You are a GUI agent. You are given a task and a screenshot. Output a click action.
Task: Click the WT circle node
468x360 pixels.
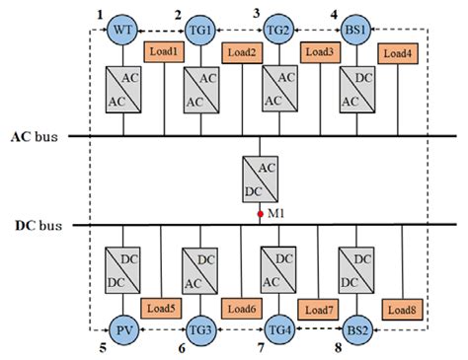(x=122, y=31)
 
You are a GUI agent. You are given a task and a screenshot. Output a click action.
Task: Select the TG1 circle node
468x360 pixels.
(x=201, y=31)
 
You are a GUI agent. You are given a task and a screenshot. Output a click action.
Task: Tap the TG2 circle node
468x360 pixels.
(x=278, y=31)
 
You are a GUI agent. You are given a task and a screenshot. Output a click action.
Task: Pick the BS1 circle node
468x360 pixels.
(x=356, y=31)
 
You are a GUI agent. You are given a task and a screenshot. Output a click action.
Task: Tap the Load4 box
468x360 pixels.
(x=397, y=53)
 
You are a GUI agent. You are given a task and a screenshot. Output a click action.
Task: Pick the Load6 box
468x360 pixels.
(x=241, y=310)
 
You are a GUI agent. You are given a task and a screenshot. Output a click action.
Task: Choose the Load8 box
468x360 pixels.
(x=401, y=311)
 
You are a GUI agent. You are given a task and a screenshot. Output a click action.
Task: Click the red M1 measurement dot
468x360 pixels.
(x=260, y=212)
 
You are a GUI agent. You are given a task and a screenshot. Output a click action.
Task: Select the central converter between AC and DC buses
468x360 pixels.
(x=260, y=179)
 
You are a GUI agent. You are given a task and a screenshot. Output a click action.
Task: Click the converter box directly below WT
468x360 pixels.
(x=122, y=88)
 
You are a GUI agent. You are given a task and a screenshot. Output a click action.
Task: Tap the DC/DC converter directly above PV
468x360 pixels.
(x=122, y=268)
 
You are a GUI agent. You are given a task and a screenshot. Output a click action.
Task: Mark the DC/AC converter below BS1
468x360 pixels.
(x=356, y=88)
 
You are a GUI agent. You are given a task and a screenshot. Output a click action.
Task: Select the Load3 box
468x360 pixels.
(x=320, y=51)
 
